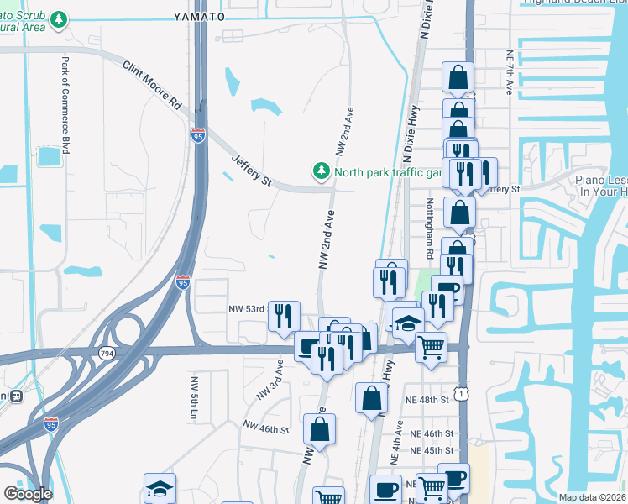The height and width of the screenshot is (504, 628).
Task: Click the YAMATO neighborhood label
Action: click(199, 16)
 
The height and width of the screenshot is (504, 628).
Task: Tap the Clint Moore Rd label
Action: click(152, 86)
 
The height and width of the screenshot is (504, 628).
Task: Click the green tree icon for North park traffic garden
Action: click(321, 172)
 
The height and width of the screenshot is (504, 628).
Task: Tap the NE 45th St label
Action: click(432, 450)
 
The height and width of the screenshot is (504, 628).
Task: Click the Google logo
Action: click(28, 493)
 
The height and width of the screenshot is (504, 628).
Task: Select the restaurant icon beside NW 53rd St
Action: click(284, 316)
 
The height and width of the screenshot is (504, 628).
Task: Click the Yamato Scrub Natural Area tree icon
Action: click(58, 18)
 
